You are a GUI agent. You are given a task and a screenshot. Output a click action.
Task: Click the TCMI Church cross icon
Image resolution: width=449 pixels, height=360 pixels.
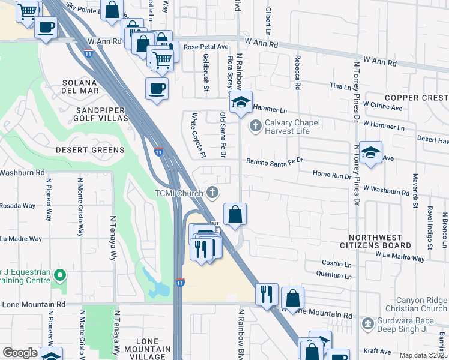(x=212, y=193)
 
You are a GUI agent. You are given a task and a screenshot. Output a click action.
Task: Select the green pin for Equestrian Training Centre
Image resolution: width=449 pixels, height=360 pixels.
(x=59, y=275)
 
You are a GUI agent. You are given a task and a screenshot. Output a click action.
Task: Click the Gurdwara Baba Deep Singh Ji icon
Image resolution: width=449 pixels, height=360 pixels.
(x=368, y=324)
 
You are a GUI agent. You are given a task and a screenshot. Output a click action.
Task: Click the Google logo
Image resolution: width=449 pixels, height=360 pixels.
(x=20, y=353)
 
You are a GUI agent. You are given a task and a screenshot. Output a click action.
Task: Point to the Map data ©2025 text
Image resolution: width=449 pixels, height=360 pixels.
(x=423, y=355)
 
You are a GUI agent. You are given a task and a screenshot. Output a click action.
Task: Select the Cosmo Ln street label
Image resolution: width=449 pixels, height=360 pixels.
(x=336, y=263)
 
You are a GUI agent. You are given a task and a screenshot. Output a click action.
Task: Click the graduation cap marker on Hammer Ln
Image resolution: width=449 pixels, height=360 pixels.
(x=241, y=103)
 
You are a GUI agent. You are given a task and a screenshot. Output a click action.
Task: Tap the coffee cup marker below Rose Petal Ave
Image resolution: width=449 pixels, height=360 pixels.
(x=157, y=89)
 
